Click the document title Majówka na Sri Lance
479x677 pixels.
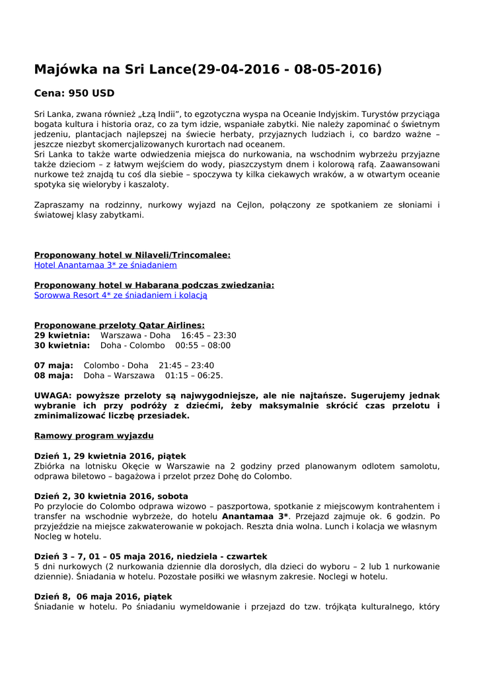[207, 69]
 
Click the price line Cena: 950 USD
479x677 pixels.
[74, 93]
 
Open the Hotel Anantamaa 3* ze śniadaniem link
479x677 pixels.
[106, 265]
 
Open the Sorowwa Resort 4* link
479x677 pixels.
[120, 296]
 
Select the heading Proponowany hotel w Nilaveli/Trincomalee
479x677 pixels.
[132, 255]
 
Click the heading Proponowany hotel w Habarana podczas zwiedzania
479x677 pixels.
[154, 285]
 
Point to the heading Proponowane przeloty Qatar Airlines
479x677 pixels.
[119, 325]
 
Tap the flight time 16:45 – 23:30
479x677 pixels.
[208, 335]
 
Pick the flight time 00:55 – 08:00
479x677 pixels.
[203, 345]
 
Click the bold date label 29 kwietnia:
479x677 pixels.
[62, 335]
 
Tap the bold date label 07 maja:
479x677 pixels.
[54, 366]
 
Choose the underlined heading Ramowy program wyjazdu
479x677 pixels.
[94, 436]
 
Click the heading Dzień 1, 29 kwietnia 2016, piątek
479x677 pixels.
[110, 456]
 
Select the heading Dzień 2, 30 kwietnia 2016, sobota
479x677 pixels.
[111, 496]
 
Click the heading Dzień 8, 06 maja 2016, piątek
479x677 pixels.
[103, 597]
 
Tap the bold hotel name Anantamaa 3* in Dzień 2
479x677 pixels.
[255, 516]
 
